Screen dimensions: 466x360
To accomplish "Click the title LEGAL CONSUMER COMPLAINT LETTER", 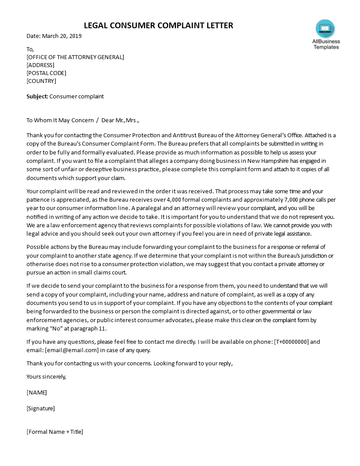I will point(158,26).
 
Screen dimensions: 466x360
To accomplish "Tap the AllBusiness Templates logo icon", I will point(325,29).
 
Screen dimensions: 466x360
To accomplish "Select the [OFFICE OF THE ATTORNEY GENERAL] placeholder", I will point(75,57).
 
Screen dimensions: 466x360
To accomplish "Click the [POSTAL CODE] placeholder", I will point(46,73).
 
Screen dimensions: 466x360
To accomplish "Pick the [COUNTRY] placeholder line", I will point(41,81).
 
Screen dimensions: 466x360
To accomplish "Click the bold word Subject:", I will point(37,96).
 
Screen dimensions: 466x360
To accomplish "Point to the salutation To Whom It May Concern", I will point(60,120).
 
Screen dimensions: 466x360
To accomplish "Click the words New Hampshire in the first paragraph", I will point(269,161).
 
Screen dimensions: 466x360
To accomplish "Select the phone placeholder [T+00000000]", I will point(291,342).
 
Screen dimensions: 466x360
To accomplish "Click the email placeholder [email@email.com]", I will point(71,350).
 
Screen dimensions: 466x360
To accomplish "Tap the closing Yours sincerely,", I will point(46,376).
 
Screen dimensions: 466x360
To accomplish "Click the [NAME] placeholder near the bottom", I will point(37,392).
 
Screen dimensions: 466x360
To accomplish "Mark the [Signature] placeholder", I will point(41,408).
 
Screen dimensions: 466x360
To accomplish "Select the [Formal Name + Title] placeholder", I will point(55,432).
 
